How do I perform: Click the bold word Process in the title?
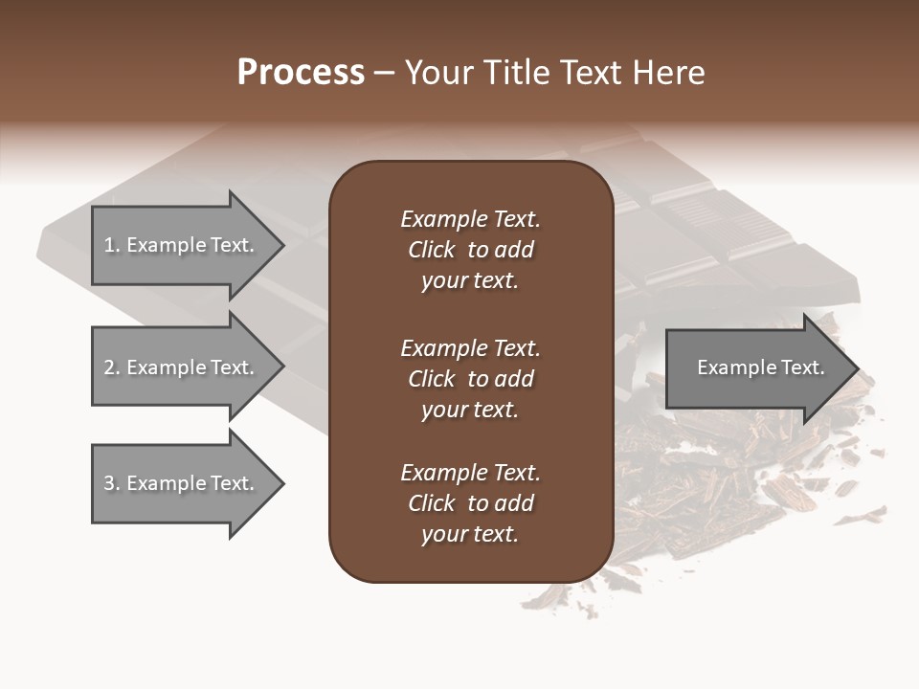[301, 73]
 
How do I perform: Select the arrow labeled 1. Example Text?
[180, 245]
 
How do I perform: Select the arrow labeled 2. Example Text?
[180, 367]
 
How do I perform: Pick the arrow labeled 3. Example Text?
[180, 483]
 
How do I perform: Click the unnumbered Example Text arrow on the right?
[760, 367]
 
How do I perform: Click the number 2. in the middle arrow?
[112, 367]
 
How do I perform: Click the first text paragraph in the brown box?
[470, 250]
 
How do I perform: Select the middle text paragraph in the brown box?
[470, 379]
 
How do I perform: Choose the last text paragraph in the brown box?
[470, 503]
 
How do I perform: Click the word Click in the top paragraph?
[432, 250]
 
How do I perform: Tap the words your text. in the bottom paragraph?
[470, 534]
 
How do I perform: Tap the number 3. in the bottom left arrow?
[112, 483]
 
